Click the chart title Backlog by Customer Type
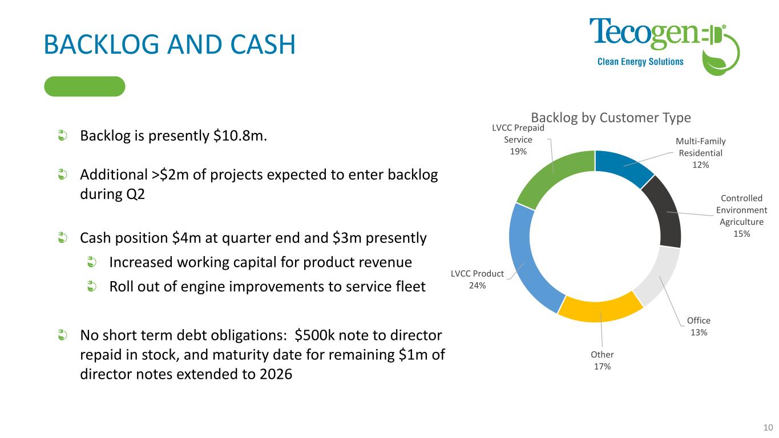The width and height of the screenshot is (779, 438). coord(611,117)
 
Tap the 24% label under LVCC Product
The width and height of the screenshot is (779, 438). coord(477,285)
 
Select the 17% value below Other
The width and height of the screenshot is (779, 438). coord(602,366)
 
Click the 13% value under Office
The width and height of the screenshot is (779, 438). coord(699,332)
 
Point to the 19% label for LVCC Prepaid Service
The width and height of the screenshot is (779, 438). coord(518,151)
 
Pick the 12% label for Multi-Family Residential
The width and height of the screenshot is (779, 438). coord(700,165)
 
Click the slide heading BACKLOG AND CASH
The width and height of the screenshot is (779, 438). coord(169,44)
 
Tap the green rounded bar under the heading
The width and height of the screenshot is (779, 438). coord(84,86)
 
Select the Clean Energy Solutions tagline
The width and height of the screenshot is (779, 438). coord(640,62)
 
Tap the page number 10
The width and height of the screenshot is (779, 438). coord(768,428)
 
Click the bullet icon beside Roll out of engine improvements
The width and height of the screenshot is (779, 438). coord(92,286)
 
